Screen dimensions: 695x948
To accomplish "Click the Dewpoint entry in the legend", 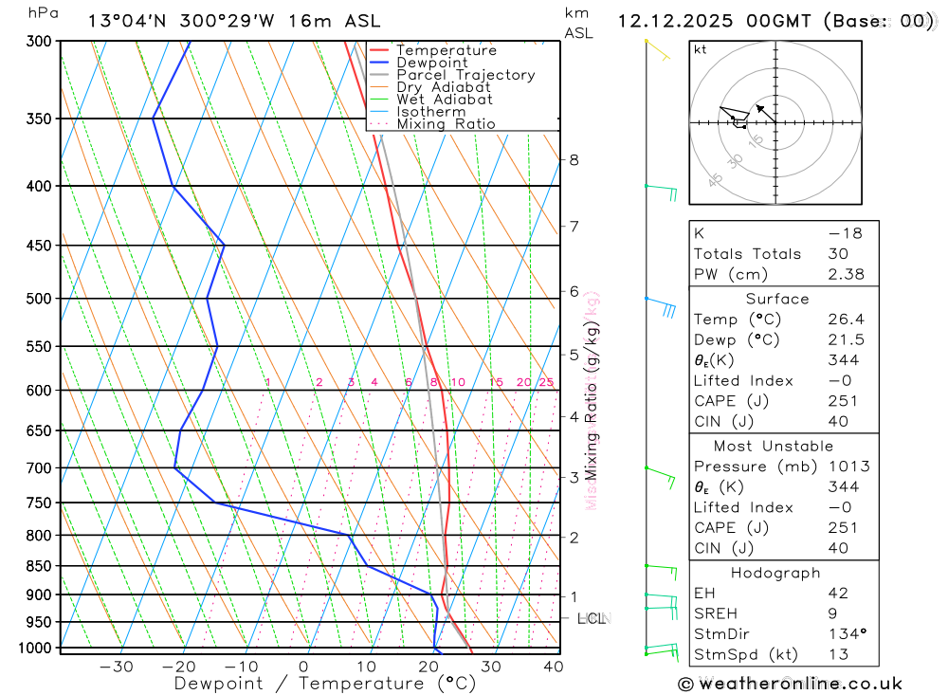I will (x=431, y=63).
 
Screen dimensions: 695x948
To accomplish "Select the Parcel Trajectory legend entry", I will (x=465, y=75).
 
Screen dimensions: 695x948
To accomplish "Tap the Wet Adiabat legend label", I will (x=444, y=100).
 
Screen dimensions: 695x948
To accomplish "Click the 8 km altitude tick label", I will (x=574, y=160).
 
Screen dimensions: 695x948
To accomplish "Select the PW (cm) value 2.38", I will (x=844, y=274).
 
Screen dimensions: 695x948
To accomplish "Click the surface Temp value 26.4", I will (x=844, y=320).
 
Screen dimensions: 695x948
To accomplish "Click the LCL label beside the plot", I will (x=591, y=619).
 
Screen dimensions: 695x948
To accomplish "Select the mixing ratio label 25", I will (x=546, y=382).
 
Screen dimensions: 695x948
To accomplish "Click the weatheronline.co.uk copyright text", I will (x=790, y=684).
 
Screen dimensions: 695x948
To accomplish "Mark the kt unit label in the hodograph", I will (x=700, y=49).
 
